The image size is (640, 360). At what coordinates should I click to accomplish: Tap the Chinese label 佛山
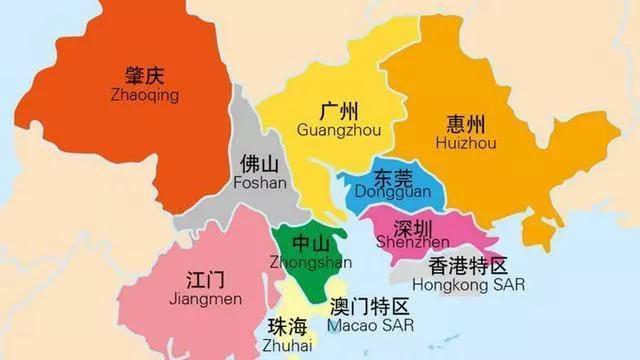(260, 164)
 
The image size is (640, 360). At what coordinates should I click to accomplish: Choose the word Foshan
(259, 183)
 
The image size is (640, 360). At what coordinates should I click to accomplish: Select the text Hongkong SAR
(475, 285)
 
